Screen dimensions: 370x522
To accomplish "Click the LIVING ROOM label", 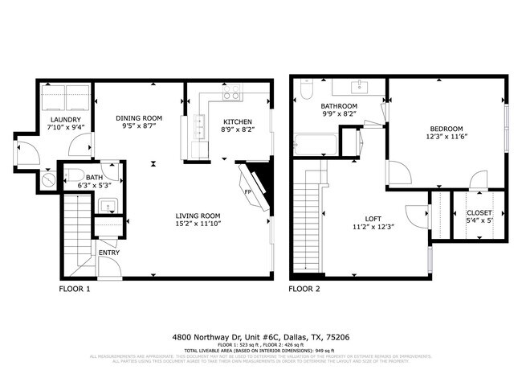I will coord(198,216).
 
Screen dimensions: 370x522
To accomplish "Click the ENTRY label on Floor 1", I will coord(108,252).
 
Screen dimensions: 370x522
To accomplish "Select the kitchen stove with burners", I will coord(232,95).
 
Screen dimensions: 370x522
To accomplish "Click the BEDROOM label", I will coord(445,129).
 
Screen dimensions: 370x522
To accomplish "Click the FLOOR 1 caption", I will coord(75,288).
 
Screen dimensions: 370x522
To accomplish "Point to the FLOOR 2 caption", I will coord(304,288).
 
